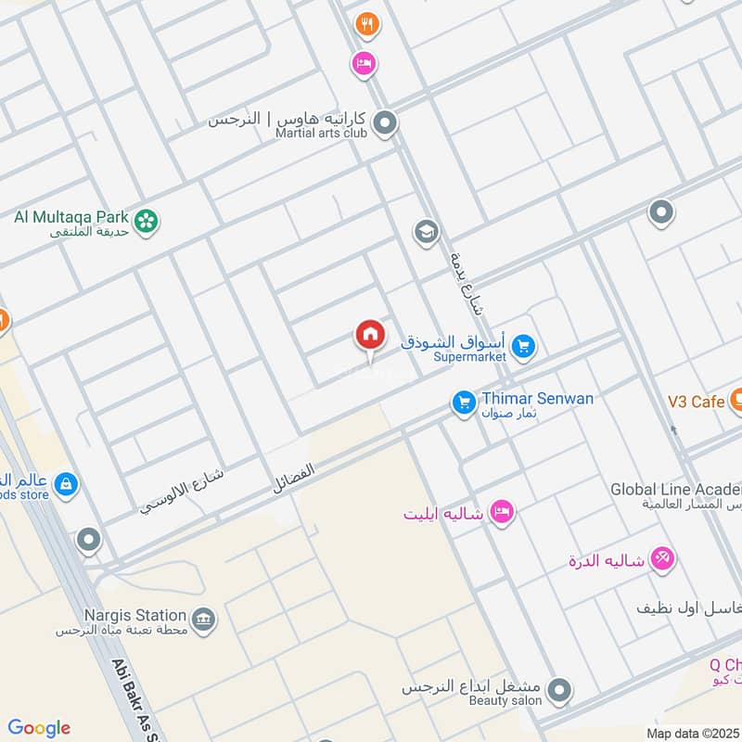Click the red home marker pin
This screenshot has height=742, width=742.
[x=369, y=336]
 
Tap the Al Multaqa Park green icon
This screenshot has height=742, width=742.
[x=146, y=220]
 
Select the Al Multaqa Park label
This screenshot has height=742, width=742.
[x=71, y=217]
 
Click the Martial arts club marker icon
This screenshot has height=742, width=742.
[x=385, y=122]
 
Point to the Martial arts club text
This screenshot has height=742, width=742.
[x=322, y=134]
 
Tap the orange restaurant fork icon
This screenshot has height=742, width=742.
[x=367, y=25]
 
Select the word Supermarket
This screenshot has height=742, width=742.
[x=470, y=356]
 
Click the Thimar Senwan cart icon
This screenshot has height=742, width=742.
[x=464, y=403]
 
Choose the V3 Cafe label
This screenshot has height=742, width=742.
[x=696, y=402]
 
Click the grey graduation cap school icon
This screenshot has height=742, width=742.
[x=426, y=232]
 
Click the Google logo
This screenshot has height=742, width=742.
[x=39, y=728]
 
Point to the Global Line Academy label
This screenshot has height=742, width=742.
[x=675, y=489]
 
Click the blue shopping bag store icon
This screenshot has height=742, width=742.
[x=66, y=483]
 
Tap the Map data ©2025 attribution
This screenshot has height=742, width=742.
[x=691, y=733]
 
